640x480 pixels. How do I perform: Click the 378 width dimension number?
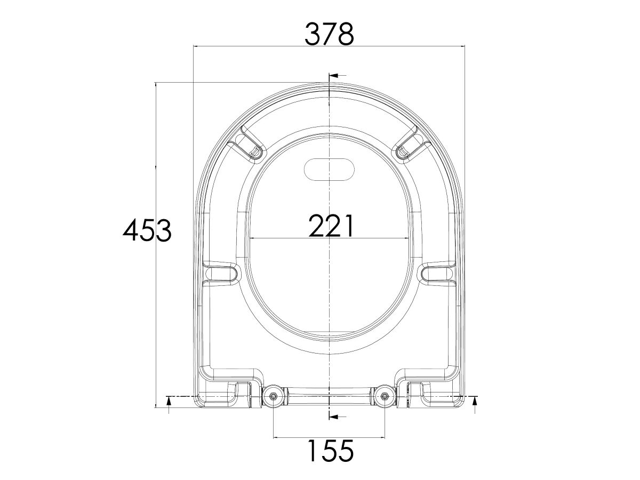329,35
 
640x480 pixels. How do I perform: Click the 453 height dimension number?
147,231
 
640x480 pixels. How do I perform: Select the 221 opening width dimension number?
331,226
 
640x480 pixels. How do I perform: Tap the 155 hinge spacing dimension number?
329,451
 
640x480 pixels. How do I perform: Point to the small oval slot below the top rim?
329,169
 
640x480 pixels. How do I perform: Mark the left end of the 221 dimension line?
249,238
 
